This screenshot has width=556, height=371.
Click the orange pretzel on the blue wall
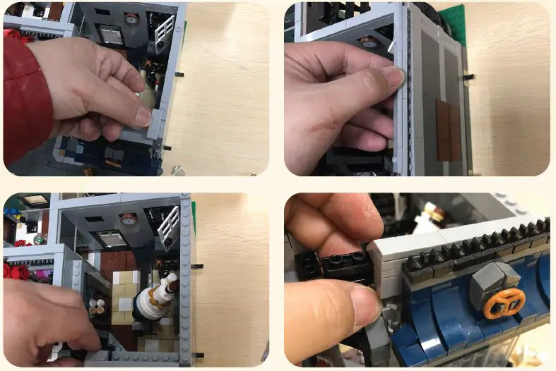[x=504, y=301]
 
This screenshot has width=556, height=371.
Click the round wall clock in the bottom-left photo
[x=128, y=219]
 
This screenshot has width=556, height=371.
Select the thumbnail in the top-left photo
[x=144, y=116]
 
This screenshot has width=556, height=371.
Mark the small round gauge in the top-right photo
[x=369, y=44]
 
